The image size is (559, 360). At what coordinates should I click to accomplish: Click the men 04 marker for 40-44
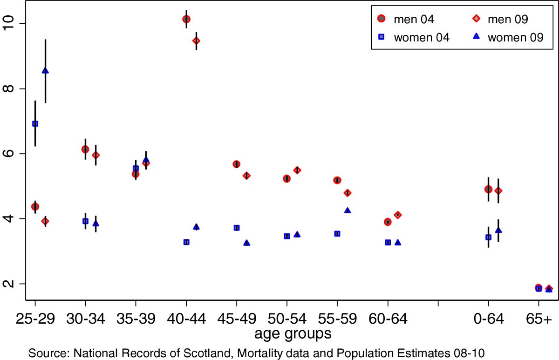(x=186, y=19)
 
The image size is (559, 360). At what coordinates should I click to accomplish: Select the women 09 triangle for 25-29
(x=45, y=71)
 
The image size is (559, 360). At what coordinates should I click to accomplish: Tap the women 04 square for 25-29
(x=35, y=123)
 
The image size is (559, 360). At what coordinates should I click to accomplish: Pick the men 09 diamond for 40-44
(x=197, y=41)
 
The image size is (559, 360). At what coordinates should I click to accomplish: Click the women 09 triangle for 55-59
(x=348, y=211)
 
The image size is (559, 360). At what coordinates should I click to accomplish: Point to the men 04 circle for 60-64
(x=388, y=222)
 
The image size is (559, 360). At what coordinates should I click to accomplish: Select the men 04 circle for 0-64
(x=488, y=189)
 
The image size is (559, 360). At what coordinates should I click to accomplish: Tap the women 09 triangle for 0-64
(x=498, y=230)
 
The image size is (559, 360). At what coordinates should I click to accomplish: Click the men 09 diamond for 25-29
(x=45, y=221)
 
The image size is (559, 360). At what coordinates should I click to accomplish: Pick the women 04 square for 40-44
(x=186, y=242)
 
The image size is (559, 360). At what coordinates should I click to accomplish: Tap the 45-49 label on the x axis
(x=237, y=319)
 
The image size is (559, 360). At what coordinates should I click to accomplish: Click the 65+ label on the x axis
(x=539, y=319)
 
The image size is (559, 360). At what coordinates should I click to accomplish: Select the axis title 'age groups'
(x=286, y=333)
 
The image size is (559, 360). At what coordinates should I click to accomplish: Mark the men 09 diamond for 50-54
(x=297, y=170)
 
